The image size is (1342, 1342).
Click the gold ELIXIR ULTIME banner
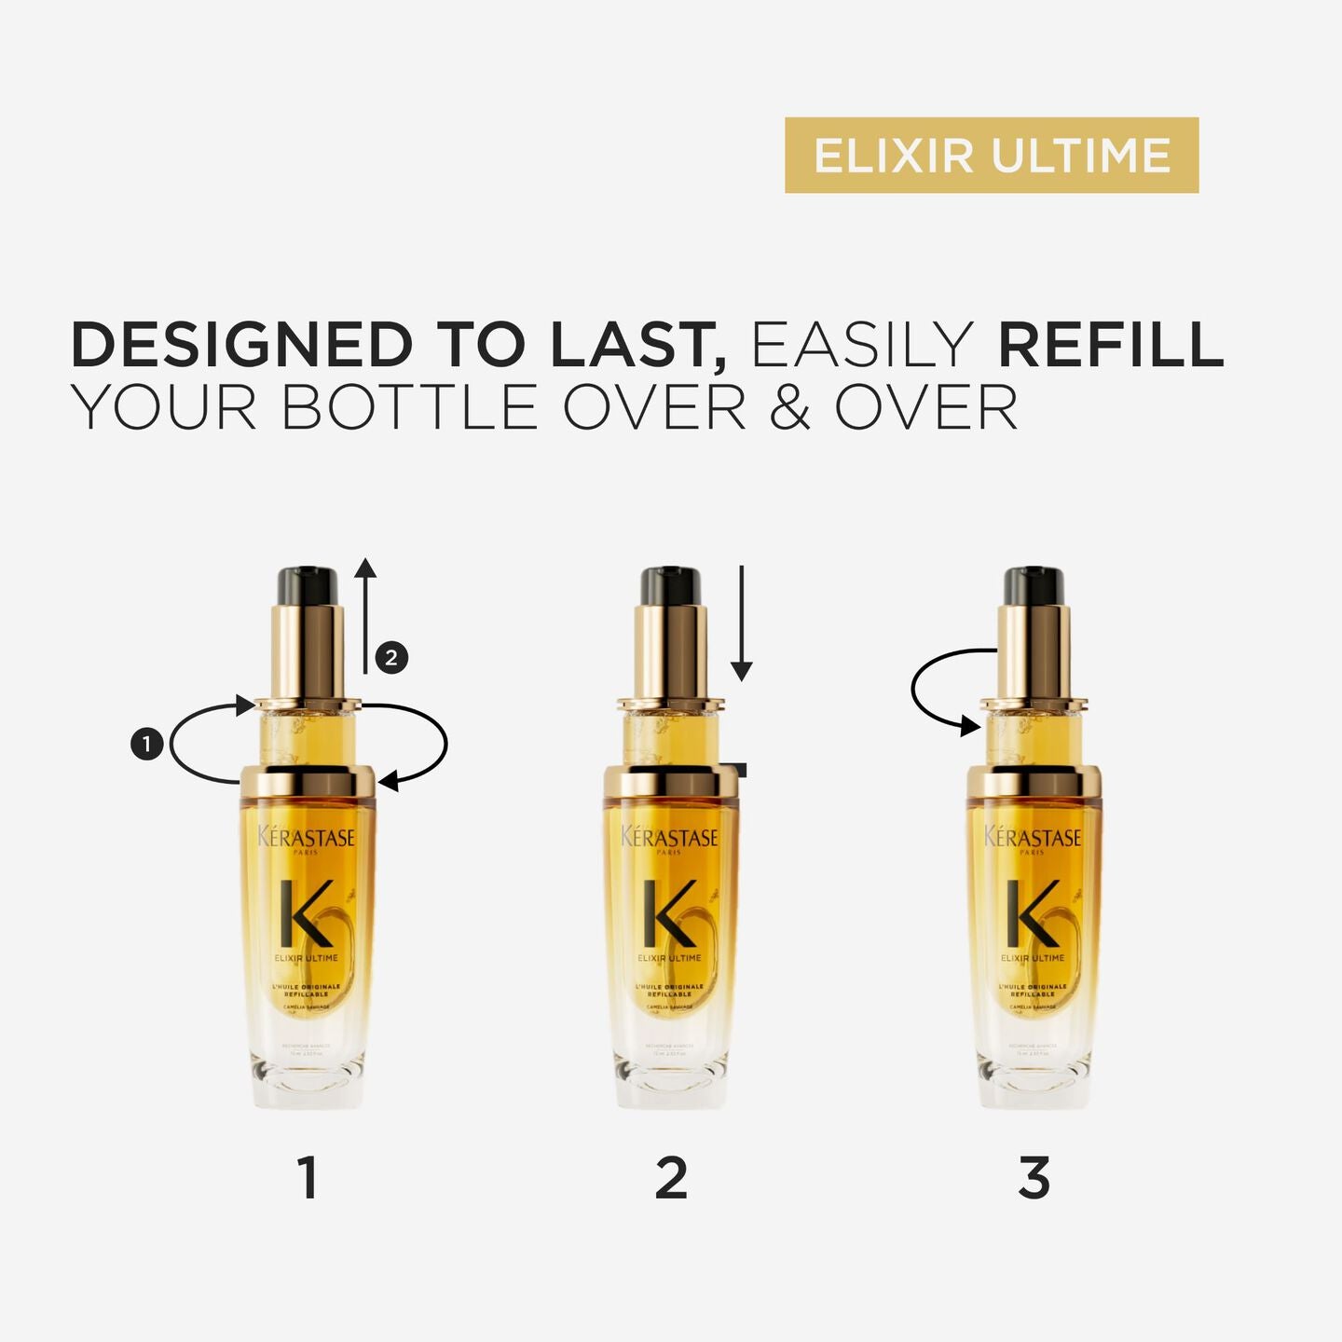pos(991,155)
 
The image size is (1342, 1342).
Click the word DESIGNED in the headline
pos(241,345)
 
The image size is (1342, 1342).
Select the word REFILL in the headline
pos(1110,345)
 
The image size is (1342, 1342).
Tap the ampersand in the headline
pos(790,408)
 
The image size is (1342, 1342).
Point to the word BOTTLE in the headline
pos(410,408)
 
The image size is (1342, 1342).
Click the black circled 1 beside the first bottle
pos(147,744)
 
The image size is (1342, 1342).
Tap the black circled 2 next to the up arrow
pos(391,657)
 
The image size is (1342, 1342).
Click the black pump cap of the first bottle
pos(307,585)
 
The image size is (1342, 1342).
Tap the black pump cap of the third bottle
pos(1034,585)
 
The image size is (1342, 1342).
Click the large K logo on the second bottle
pos(669,913)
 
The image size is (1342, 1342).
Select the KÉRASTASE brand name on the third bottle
pos(1033,837)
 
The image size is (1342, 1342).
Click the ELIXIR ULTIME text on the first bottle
pos(307,958)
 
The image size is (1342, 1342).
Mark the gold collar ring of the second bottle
pos(671,781)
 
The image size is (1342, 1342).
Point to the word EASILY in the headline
pos(862,345)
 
